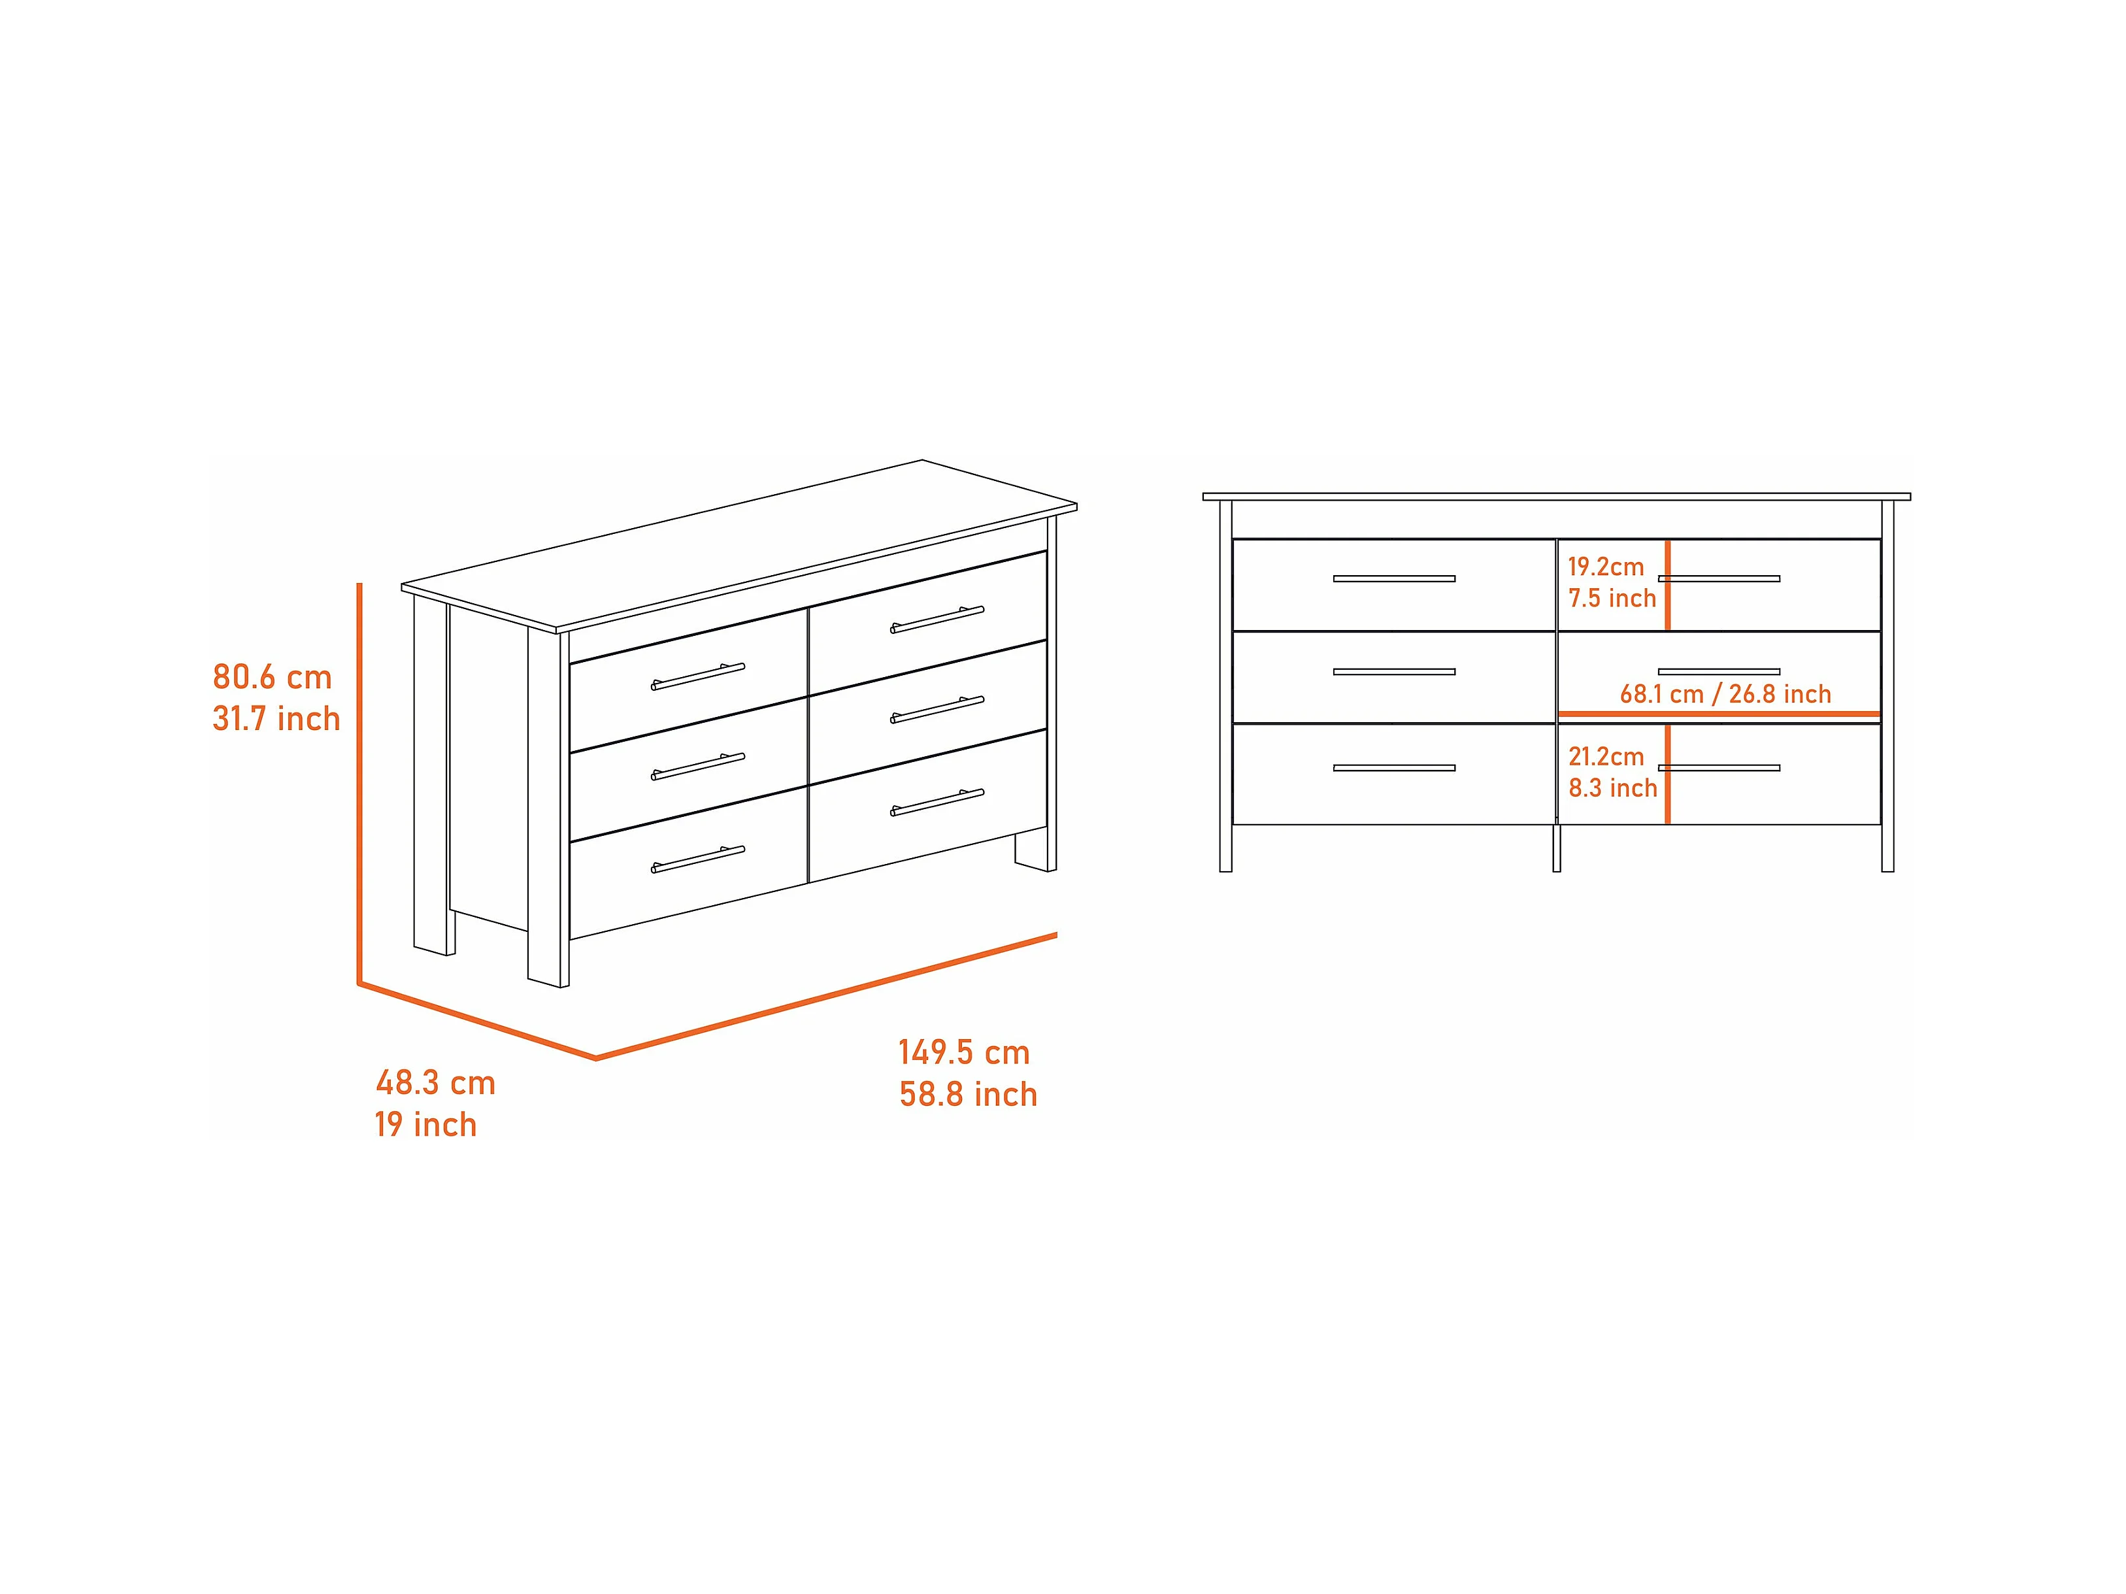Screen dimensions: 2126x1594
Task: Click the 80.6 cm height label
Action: click(x=272, y=678)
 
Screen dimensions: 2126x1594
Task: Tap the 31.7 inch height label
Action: click(x=276, y=719)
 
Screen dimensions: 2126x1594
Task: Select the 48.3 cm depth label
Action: click(x=435, y=1084)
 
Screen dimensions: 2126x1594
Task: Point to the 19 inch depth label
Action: click(x=425, y=1125)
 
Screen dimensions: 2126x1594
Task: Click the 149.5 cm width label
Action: click(x=964, y=1053)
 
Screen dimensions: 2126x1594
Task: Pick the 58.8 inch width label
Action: click(x=968, y=1095)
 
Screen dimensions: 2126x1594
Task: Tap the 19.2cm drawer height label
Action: click(x=1606, y=567)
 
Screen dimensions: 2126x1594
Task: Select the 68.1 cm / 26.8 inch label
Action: click(x=1725, y=694)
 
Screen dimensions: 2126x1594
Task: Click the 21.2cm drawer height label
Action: click(x=1606, y=757)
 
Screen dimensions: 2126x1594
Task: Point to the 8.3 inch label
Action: click(x=1613, y=788)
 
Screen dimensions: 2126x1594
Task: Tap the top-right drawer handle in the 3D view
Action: click(x=937, y=620)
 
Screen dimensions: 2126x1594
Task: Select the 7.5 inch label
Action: click(x=1613, y=599)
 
